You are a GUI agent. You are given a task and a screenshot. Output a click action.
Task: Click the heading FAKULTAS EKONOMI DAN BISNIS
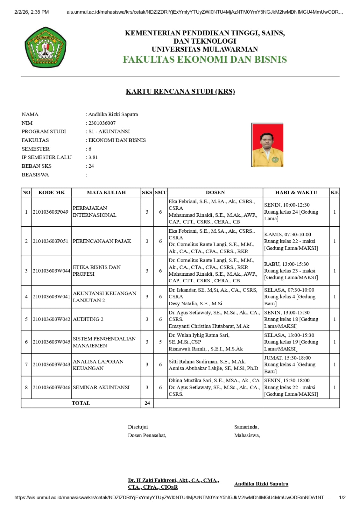(205, 60)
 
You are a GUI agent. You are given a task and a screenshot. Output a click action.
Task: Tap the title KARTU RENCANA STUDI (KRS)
(180, 91)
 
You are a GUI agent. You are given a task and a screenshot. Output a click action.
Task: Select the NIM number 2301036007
(102, 123)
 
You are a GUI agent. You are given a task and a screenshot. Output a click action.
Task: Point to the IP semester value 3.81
(93, 157)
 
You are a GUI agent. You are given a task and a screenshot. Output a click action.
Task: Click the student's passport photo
(267, 145)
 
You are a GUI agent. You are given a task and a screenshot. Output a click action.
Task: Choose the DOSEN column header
(215, 192)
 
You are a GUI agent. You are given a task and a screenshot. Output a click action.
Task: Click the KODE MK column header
(51, 192)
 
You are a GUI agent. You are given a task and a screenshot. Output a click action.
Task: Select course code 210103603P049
(51, 212)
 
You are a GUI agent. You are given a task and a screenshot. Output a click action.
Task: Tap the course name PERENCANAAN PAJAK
(102, 241)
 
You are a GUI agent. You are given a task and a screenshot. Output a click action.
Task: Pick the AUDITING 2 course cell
(88, 319)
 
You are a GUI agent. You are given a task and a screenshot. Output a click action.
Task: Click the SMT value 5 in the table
(160, 342)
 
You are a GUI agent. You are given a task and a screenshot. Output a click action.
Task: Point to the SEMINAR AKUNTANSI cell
(101, 387)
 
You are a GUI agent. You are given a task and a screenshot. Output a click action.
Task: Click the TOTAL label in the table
(81, 403)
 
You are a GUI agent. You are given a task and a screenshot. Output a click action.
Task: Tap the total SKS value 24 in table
(147, 403)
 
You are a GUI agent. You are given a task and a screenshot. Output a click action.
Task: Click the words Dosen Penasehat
(147, 435)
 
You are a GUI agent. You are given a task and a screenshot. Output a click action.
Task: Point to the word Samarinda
(246, 427)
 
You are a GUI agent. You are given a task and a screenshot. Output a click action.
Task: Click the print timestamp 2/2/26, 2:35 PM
(32, 12)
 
